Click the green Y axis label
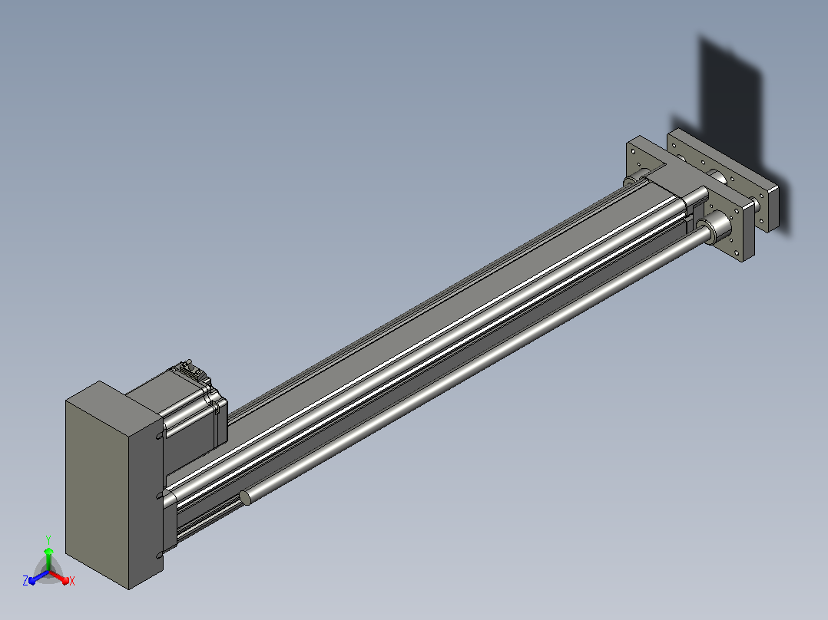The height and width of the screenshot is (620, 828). (48, 539)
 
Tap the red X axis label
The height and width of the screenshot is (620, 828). (72, 581)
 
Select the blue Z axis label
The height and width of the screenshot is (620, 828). (25, 580)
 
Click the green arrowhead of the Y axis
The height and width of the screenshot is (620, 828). (48, 552)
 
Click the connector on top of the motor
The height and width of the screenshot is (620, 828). (190, 369)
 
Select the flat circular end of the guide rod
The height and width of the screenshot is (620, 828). (245, 497)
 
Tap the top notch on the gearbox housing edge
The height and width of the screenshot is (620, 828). (160, 436)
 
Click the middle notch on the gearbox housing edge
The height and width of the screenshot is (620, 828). (160, 495)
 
